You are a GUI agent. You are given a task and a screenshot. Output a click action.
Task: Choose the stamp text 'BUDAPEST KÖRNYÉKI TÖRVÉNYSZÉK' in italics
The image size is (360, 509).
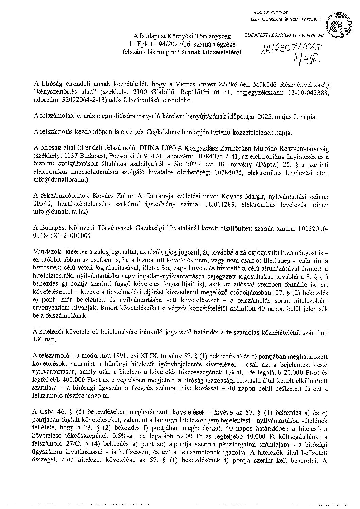coord(285,35)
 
